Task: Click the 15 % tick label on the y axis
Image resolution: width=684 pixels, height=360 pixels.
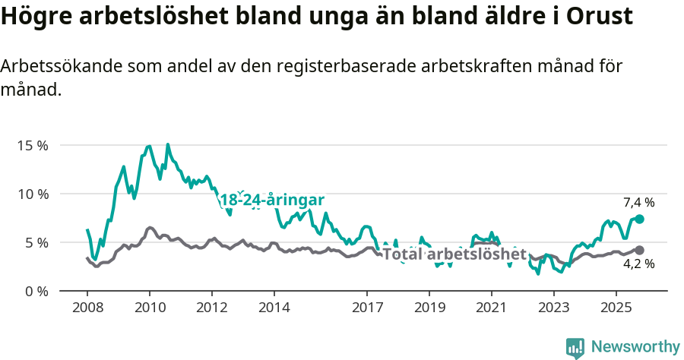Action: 32,145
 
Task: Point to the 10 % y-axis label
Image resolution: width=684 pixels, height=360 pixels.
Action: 32,194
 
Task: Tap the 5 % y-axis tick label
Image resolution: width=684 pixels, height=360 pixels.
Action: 35,242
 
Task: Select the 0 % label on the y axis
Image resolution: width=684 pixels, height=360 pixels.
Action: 35,291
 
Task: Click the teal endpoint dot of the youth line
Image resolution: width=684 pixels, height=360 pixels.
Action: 640,219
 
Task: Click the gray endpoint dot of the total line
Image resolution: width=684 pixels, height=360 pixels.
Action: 640,250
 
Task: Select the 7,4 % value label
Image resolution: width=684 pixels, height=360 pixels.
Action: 638,202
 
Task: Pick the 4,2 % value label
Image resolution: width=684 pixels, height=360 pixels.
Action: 638,264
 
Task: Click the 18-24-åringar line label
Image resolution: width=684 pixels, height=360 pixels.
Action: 272,201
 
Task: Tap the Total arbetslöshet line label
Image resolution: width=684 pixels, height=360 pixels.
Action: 454,254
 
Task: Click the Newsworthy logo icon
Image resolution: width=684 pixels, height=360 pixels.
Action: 575,348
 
